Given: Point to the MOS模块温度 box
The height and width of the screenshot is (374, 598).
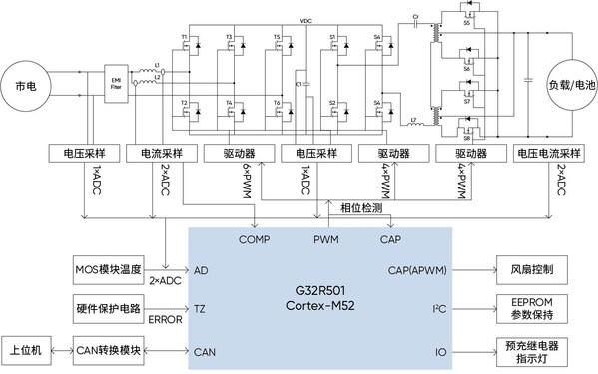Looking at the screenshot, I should pos(111,270).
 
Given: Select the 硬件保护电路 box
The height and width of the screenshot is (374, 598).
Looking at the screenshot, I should pos(111,308).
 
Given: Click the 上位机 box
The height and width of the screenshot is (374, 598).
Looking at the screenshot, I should pos(31,351).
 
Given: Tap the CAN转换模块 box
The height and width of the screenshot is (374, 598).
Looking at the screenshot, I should pos(111,351).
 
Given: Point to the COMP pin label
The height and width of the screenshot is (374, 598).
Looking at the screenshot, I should pos(255,239).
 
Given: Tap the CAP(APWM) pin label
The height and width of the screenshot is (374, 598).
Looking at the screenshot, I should pos(413,270).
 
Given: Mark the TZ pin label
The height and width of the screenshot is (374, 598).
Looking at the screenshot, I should pos(202,310).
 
